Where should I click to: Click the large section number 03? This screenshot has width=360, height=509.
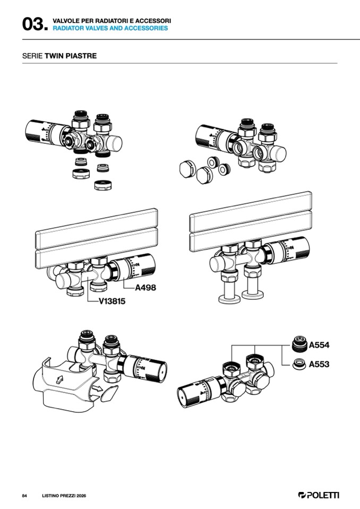(x=35, y=24)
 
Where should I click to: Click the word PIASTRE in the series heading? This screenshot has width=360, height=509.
(x=81, y=56)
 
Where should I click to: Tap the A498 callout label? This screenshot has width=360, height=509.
(x=145, y=288)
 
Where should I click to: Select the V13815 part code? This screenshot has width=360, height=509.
(x=112, y=301)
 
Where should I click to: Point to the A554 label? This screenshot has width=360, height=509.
(x=319, y=345)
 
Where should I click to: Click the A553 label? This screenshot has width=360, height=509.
(x=319, y=364)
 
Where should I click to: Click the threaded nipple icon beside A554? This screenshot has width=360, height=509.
(x=299, y=344)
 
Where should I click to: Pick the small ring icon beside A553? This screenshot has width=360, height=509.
(x=299, y=364)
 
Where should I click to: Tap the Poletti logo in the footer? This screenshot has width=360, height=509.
(x=319, y=495)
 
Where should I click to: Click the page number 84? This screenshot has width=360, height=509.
(x=24, y=496)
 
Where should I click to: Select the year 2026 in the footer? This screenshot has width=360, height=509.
(x=81, y=496)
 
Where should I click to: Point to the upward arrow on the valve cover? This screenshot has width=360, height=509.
(x=59, y=379)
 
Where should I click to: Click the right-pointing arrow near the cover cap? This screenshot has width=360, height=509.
(x=97, y=389)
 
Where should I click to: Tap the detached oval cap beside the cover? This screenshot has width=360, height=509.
(x=109, y=393)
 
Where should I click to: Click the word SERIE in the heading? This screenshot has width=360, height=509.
(x=32, y=56)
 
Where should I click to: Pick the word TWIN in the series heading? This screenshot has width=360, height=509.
(x=54, y=56)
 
